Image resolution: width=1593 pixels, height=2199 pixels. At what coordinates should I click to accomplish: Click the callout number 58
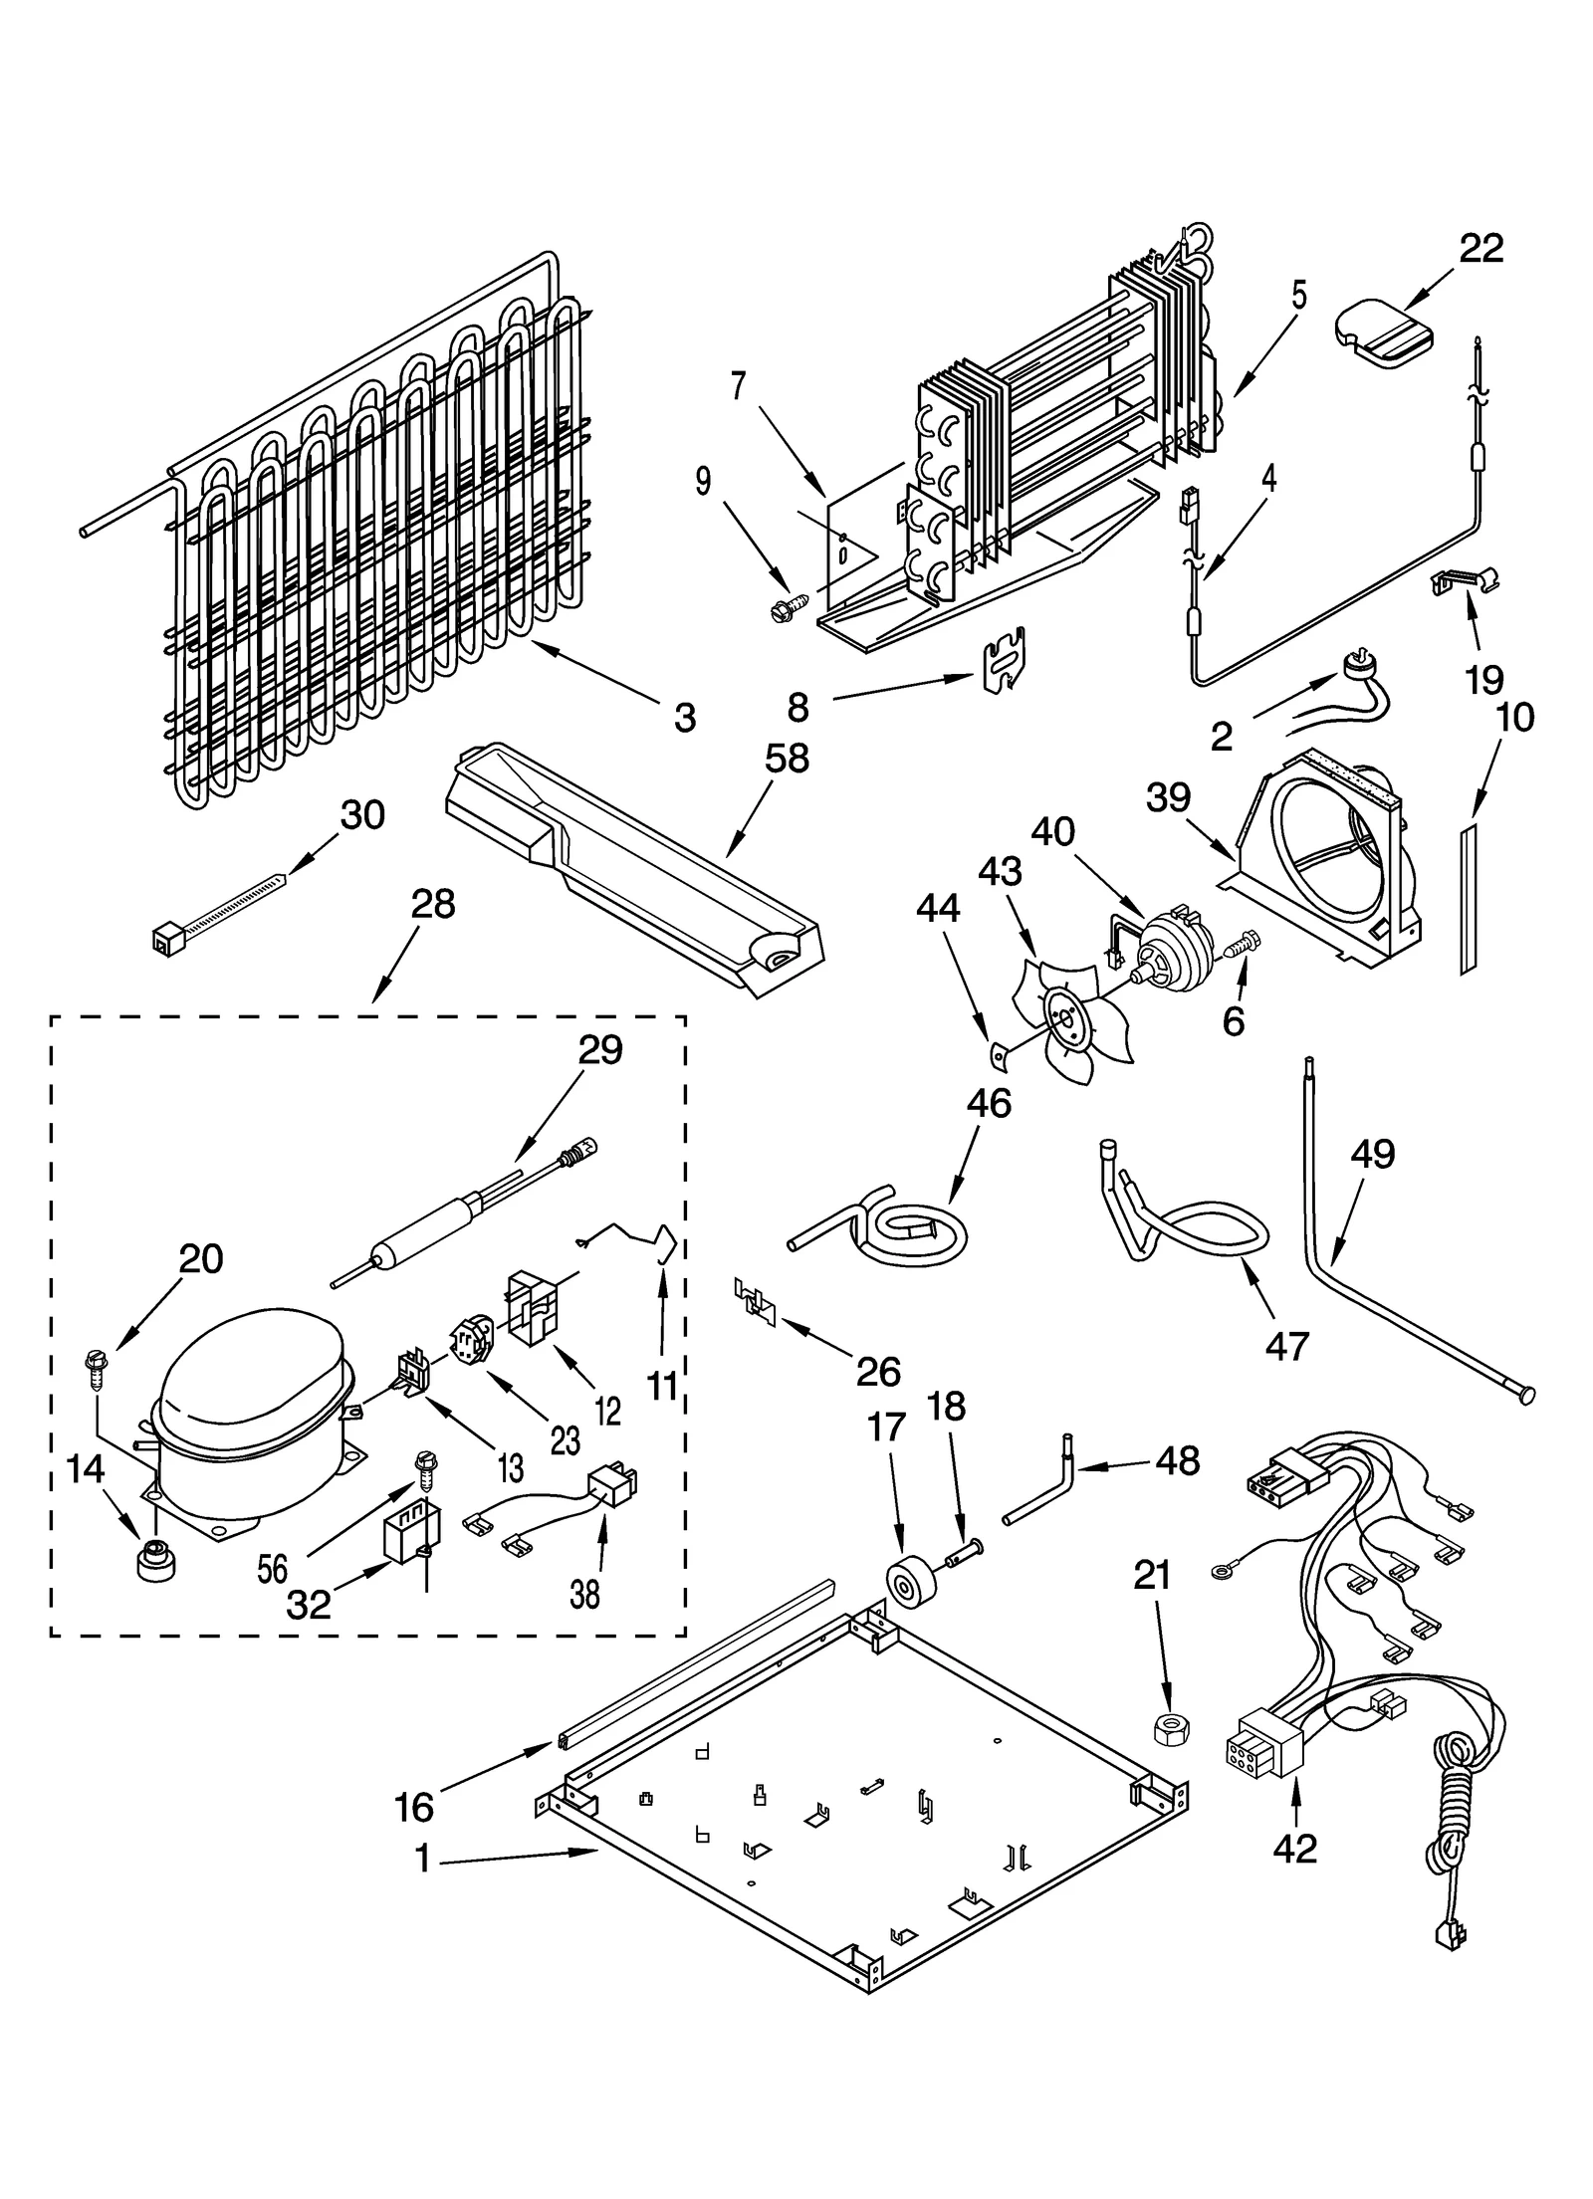(x=787, y=759)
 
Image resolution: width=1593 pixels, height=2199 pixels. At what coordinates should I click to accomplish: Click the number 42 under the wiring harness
(x=1294, y=1849)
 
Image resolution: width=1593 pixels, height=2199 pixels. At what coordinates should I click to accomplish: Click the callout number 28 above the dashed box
(x=432, y=904)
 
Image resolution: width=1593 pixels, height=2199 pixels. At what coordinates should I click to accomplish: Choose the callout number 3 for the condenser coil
(x=684, y=717)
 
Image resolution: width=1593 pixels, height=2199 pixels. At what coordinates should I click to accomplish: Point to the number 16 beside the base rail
(x=413, y=1806)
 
